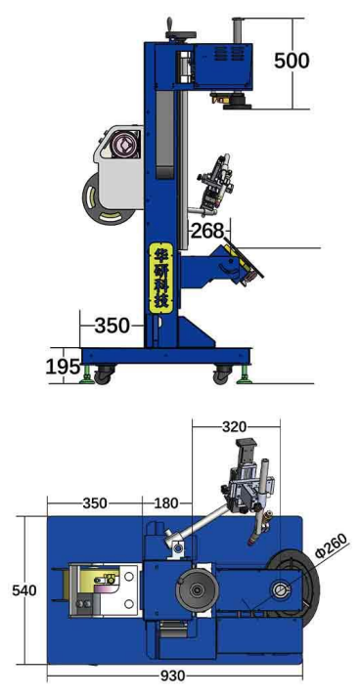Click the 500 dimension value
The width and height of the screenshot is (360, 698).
point(292,61)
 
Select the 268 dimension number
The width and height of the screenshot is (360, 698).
point(207,231)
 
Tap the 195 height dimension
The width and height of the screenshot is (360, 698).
point(63,367)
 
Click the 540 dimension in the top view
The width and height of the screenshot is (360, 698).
point(24,590)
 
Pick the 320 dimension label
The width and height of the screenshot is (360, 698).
point(234,427)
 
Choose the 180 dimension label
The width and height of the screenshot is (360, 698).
point(165,503)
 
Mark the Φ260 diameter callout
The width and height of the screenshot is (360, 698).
point(331,545)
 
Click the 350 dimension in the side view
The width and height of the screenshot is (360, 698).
point(112,327)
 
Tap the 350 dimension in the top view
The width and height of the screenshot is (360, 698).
point(95,503)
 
